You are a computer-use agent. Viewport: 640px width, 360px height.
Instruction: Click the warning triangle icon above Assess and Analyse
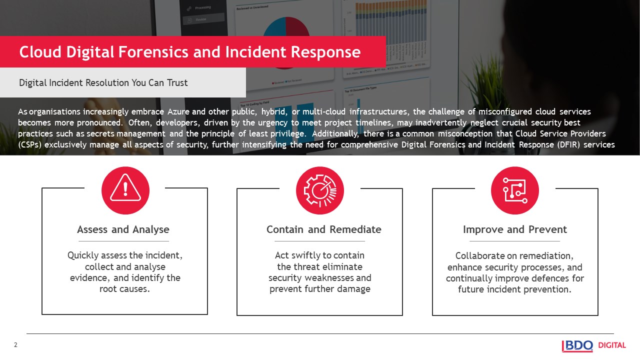pyautogui.click(x=125, y=190)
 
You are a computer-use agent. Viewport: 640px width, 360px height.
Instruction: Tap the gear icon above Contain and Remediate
pyautogui.click(x=320, y=190)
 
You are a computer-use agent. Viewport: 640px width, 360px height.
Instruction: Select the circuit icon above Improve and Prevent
pyautogui.click(x=514, y=190)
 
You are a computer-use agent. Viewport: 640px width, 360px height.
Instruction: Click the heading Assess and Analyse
pyautogui.click(x=123, y=229)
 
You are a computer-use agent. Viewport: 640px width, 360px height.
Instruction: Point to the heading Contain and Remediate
pyautogui.click(x=323, y=229)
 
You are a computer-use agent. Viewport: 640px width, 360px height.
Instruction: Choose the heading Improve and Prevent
pyautogui.click(x=514, y=229)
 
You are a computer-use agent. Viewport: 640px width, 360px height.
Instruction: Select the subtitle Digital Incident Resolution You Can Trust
pyautogui.click(x=103, y=82)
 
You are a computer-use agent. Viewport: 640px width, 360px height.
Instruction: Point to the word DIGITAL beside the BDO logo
pyautogui.click(x=612, y=345)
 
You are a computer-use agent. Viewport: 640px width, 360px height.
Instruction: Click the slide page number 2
pyautogui.click(x=15, y=345)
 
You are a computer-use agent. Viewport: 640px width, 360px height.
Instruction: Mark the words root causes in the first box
pyautogui.click(x=125, y=289)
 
